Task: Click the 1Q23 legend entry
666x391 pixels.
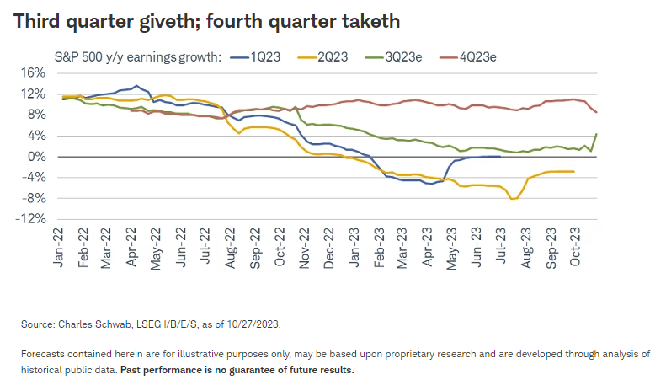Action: click(265, 56)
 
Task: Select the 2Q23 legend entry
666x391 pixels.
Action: click(337, 56)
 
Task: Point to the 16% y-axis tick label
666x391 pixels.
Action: click(31, 72)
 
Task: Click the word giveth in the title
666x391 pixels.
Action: click(145, 20)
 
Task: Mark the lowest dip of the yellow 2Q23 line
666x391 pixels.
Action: click(512, 199)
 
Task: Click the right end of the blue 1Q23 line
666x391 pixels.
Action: click(500, 156)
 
